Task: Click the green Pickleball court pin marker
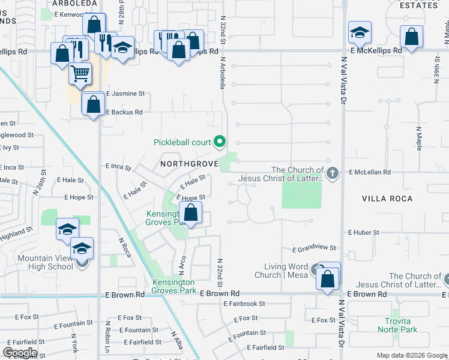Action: click(x=220, y=142)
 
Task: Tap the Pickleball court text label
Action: click(x=182, y=142)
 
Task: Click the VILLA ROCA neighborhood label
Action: click(x=387, y=198)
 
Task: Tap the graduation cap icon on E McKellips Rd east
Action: click(x=360, y=32)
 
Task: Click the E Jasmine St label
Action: click(x=125, y=94)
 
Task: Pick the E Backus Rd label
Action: click(x=124, y=112)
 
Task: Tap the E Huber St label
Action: click(x=364, y=232)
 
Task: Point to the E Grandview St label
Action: click(x=313, y=248)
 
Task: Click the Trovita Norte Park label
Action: click(x=397, y=325)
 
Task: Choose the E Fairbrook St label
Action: click(x=244, y=304)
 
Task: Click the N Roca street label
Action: click(x=125, y=247)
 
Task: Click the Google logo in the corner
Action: click(x=20, y=352)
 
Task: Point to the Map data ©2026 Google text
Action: click(x=412, y=355)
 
